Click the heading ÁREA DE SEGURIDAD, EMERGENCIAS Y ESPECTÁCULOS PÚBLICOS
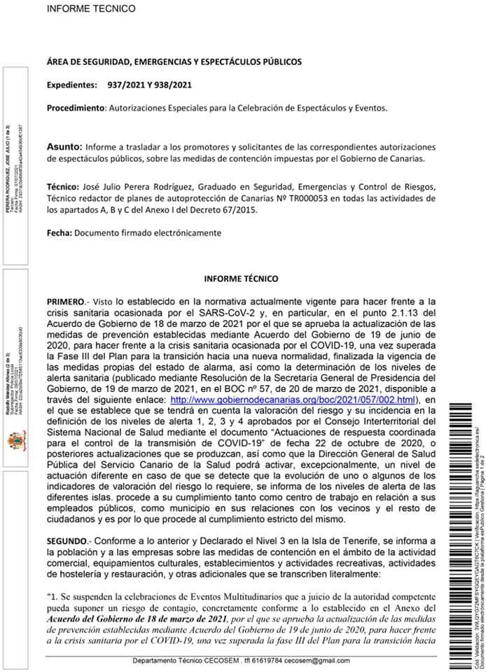(x=174, y=62)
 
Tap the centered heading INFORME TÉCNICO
(x=241, y=278)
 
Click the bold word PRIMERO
(x=66, y=300)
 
